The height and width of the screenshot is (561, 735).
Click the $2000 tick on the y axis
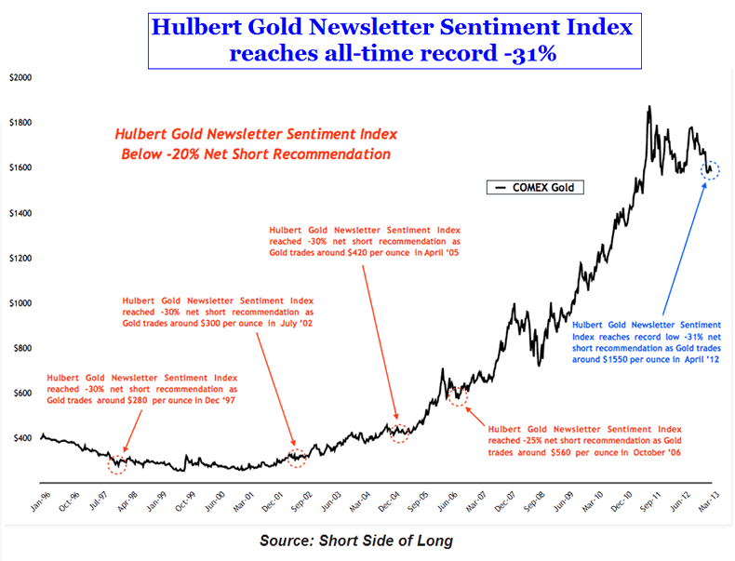point(20,78)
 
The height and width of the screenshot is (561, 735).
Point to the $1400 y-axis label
point(20,213)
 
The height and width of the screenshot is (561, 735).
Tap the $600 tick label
point(21,393)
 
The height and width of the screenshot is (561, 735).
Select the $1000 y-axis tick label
point(20,303)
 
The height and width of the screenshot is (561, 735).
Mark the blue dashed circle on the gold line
point(712,170)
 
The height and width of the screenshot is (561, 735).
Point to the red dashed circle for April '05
point(399,431)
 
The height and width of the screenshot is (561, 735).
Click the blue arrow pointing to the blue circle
point(684,242)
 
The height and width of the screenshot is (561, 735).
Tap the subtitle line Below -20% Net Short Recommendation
point(256,154)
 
